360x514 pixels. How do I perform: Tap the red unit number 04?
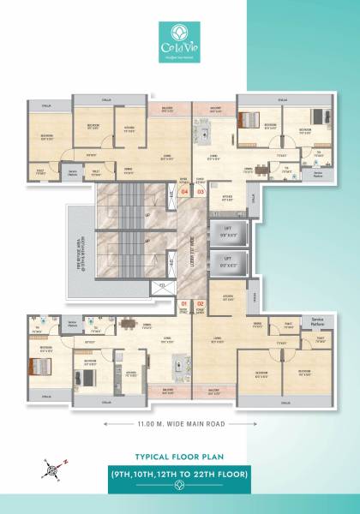click(x=184, y=191)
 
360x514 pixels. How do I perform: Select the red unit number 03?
click(x=201, y=191)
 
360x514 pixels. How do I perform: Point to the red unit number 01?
click(x=184, y=304)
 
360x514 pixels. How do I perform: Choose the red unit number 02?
click(x=201, y=304)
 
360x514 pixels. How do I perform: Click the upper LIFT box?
click(x=228, y=232)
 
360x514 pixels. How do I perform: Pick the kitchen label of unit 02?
click(x=227, y=297)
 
